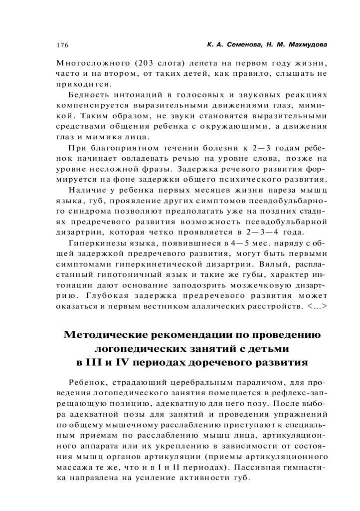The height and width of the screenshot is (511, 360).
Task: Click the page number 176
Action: pyautogui.click(x=62, y=45)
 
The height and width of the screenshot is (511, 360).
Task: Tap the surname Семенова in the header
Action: pyautogui.click(x=240, y=45)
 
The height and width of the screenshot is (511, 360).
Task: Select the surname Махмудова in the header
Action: pyautogui.click(x=303, y=45)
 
